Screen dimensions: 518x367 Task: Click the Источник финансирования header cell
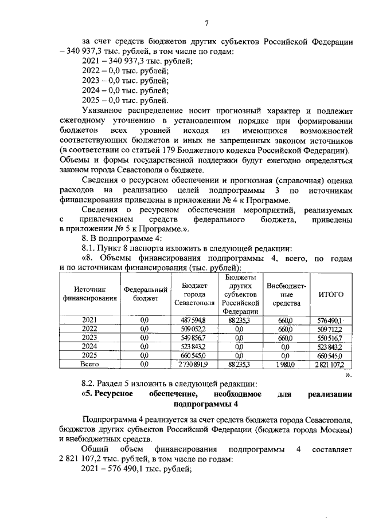[89, 294]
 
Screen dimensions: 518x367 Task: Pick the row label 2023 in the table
[89, 338]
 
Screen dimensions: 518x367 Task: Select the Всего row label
[89, 363]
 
